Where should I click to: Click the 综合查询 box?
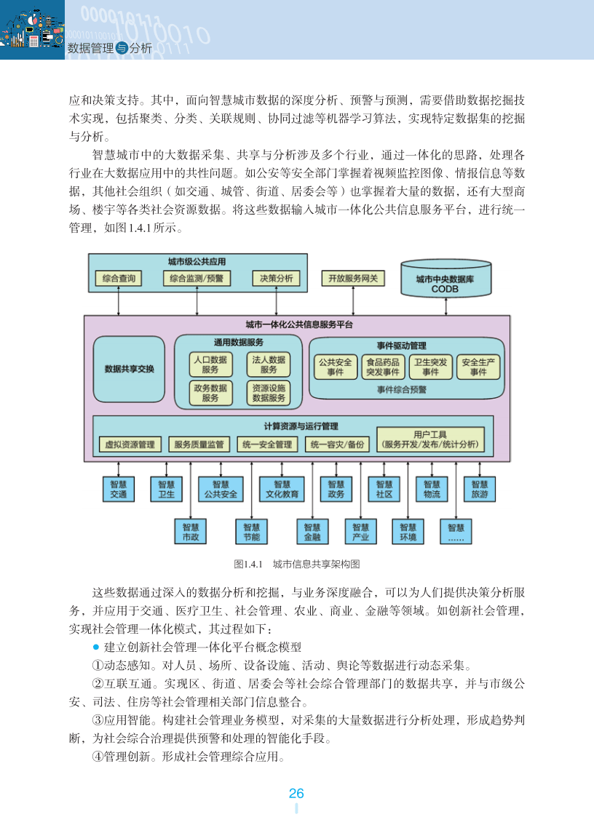119,279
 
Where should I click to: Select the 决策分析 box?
277,279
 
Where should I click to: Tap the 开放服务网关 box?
353,279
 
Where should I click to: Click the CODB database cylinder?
445,279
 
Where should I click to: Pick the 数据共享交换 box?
130,369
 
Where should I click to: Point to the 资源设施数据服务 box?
269,394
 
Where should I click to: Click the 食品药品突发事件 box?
382,367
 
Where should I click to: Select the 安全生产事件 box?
478,367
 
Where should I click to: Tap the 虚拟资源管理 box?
130,445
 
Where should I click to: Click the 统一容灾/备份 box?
337,445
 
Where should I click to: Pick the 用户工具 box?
430,439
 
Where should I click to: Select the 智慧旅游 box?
479,490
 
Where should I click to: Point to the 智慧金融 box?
312,532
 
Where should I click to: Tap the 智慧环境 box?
408,532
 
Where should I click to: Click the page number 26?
296,794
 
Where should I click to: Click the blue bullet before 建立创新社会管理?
95,647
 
